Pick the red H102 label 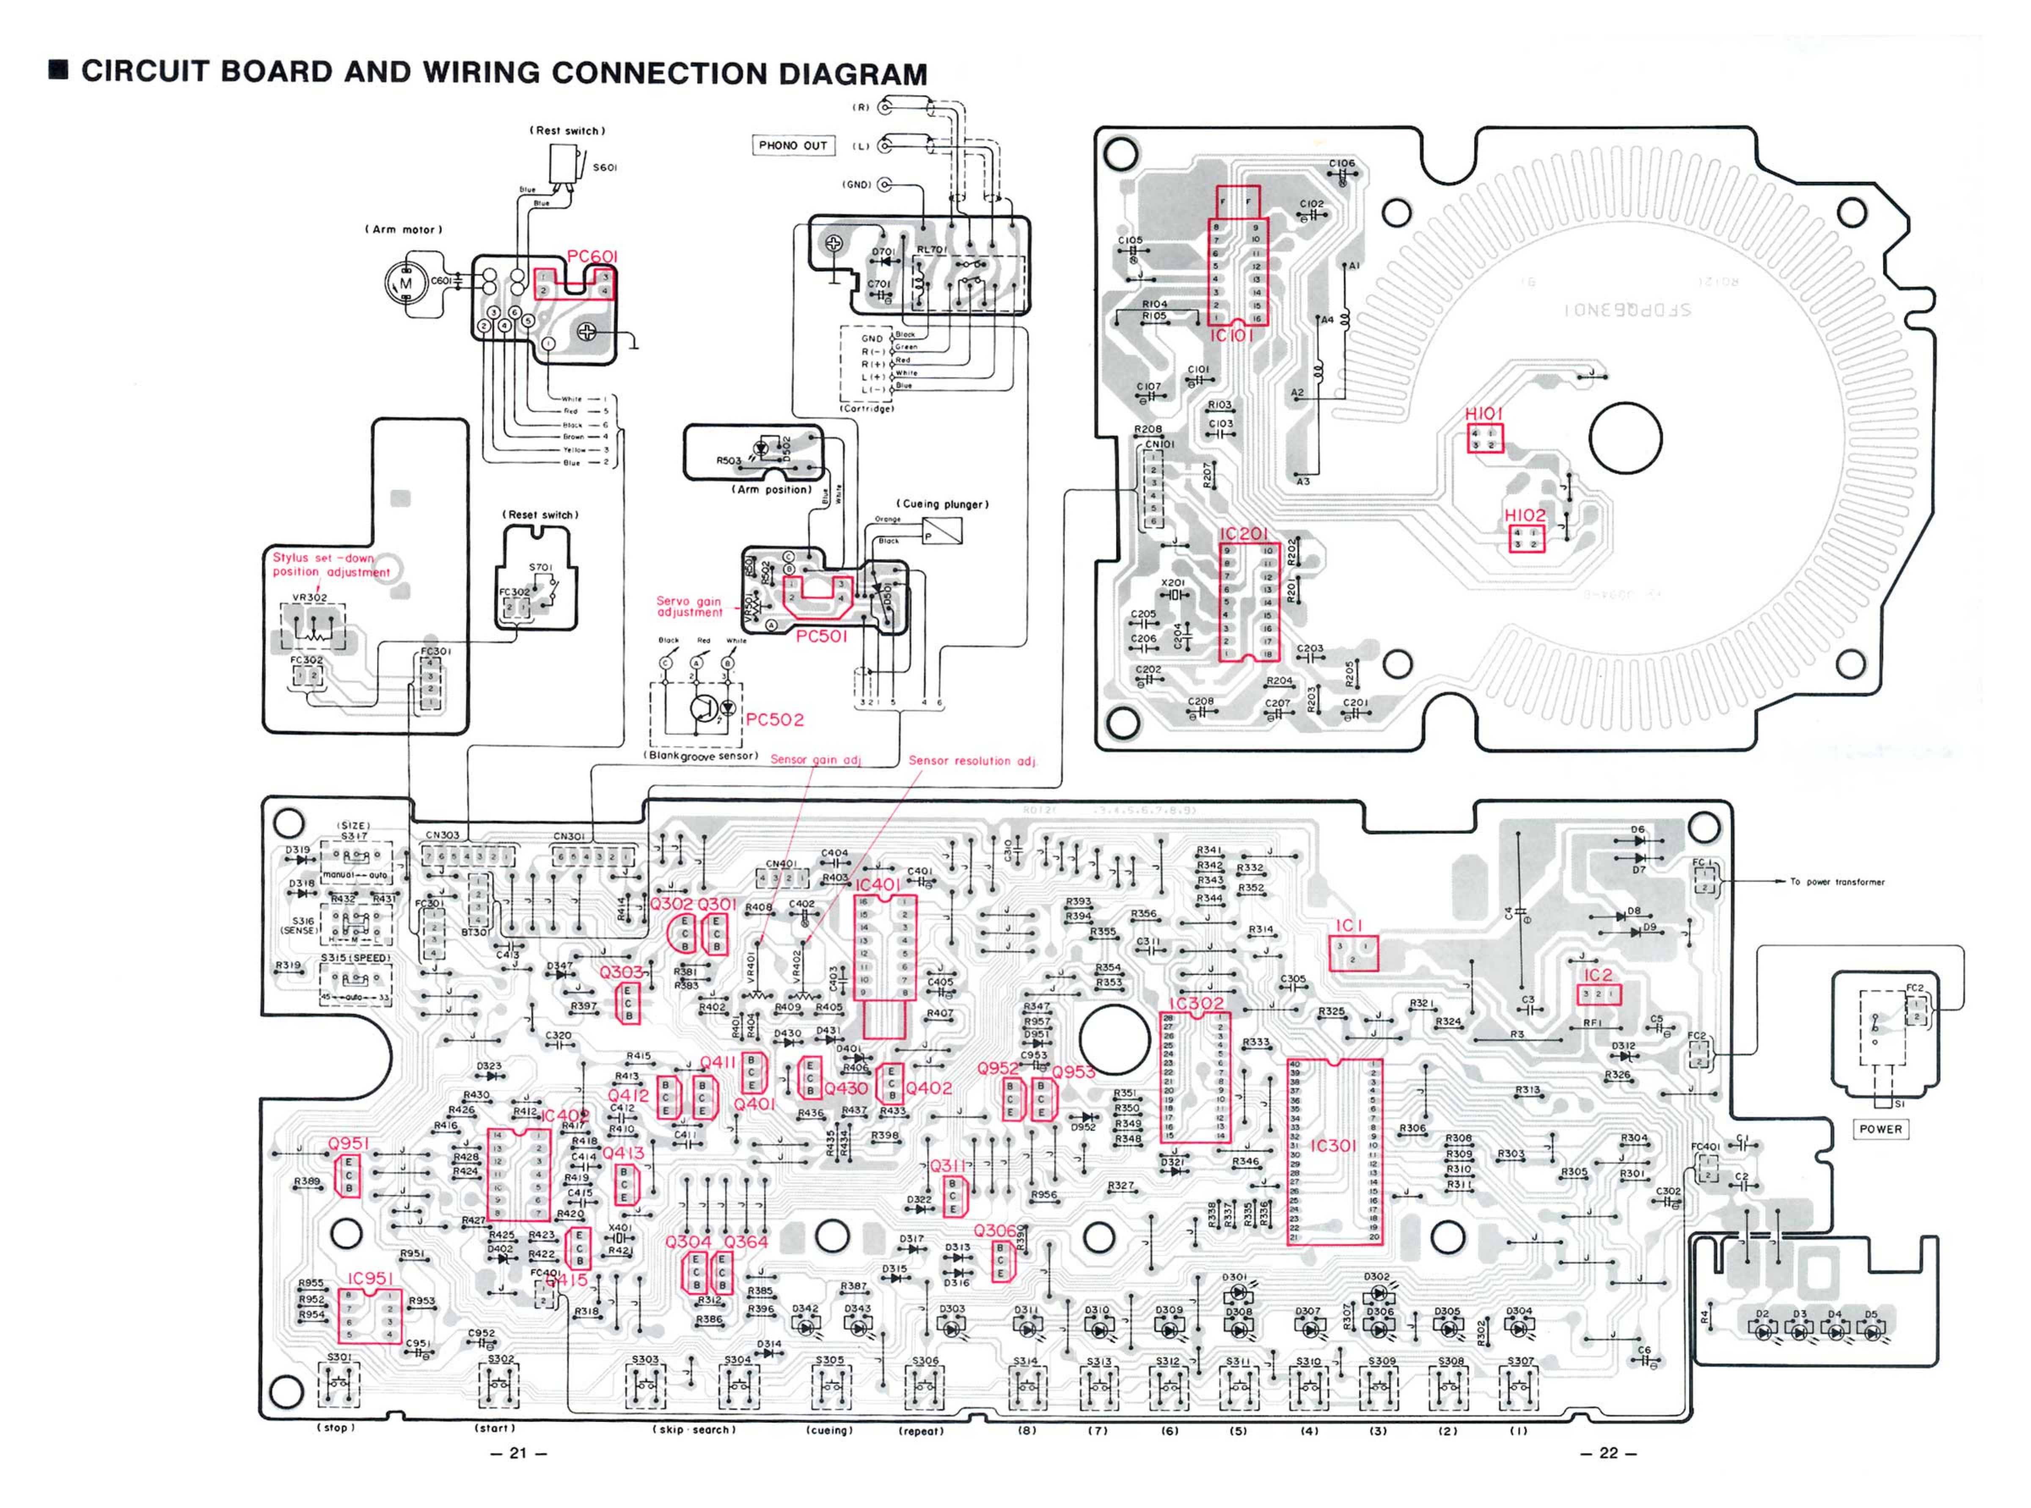(x=1525, y=515)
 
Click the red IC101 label (x=1231, y=336)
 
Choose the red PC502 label (x=775, y=719)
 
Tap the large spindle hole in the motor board (x=1626, y=438)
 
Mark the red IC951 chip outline (x=370, y=1315)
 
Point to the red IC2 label (x=1598, y=975)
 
